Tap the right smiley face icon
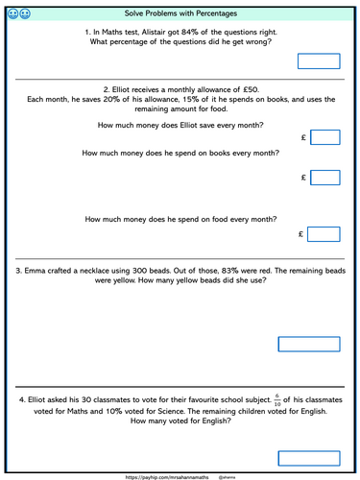coord(25,13)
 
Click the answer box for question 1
coord(319,61)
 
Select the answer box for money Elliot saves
coord(325,138)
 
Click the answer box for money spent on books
coord(325,178)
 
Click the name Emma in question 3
coord(36,271)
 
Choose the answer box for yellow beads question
coord(308,344)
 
